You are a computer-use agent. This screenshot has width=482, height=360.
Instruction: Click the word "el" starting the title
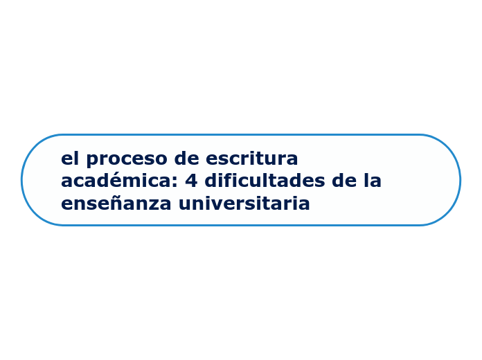pos(70,159)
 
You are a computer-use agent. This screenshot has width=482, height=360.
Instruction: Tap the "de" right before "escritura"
pos(187,159)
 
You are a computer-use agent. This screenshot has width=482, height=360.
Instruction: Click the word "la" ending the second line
pos(373,181)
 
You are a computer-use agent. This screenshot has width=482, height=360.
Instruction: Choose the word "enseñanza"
pos(116,204)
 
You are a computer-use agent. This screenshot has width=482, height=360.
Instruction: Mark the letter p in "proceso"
pos(91,161)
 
